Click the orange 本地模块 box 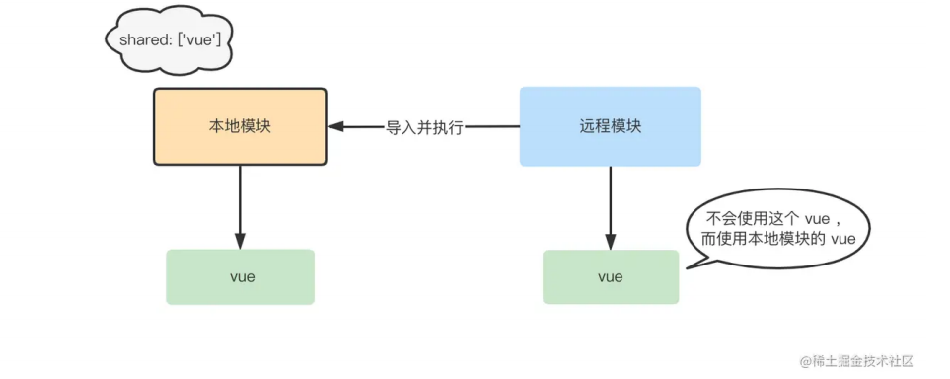pos(240,126)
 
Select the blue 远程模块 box pos(610,126)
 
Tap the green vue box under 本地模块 pos(240,276)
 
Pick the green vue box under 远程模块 pos(610,276)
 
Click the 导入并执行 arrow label pos(424,127)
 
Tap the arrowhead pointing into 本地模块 pos(336,126)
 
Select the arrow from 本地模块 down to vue pos(240,202)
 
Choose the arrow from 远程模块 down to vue pos(610,202)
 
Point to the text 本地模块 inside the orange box pos(240,126)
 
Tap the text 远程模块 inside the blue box pos(610,126)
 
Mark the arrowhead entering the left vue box pos(240,242)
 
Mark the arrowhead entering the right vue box pos(610,243)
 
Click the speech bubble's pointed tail pos(690,264)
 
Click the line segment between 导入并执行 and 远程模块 pos(492,126)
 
